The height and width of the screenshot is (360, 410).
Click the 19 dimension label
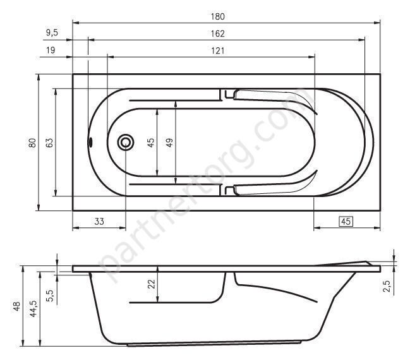point(50,51)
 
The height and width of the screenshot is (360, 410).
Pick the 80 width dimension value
point(32,143)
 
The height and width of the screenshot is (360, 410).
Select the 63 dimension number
point(49,143)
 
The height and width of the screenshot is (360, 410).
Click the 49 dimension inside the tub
point(169,143)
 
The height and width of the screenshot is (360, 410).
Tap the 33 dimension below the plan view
point(99,221)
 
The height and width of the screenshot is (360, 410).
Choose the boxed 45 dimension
point(345,221)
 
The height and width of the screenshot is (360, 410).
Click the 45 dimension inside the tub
point(150,143)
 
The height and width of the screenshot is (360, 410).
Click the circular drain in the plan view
point(125,143)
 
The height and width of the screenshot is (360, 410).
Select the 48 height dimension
point(15,307)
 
